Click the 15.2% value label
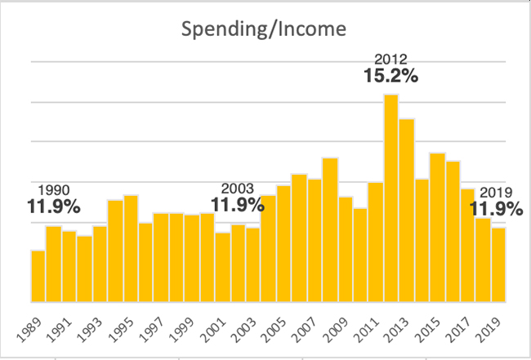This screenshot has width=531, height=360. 390,77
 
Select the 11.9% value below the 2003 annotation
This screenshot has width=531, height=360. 238,204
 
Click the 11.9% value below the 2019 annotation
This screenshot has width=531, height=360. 496,209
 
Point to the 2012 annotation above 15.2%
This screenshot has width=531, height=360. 390,59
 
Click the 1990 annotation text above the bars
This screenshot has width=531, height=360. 47,187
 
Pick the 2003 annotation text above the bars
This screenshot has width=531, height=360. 238,187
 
